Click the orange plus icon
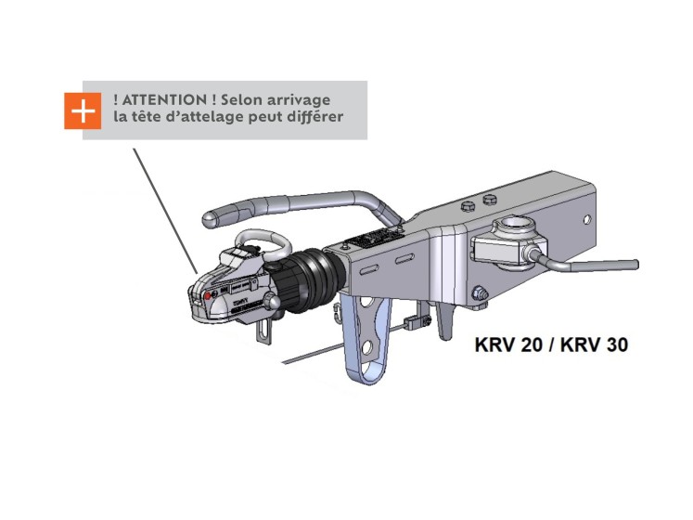pos(83,110)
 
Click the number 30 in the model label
pos(617,344)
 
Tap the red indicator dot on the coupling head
pos(208,295)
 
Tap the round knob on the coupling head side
pos(273,303)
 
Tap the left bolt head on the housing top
pos(467,205)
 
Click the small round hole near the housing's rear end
pos(587,219)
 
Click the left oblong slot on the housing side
pos(370,268)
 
